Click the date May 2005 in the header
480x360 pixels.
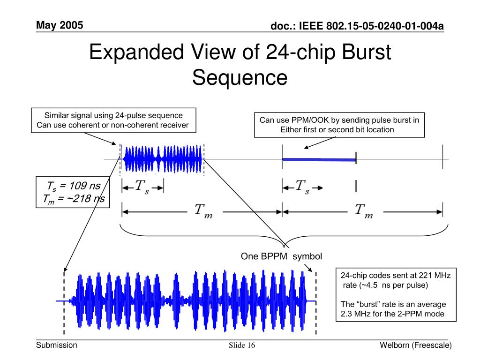pyautogui.click(x=60, y=25)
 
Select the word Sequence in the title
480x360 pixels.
pyautogui.click(x=240, y=77)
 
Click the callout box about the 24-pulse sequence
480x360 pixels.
pyautogui.click(x=113, y=120)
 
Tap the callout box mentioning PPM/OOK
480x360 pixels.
pyautogui.click(x=339, y=125)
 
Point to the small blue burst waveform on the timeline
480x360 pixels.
pyautogui.click(x=162, y=159)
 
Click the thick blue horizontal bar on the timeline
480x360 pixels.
pyautogui.click(x=319, y=160)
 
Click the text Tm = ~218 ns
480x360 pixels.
pyautogui.click(x=71, y=200)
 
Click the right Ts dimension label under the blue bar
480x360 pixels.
pyautogui.click(x=302, y=187)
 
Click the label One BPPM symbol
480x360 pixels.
pyautogui.click(x=281, y=256)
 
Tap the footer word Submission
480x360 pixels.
pyautogui.click(x=57, y=345)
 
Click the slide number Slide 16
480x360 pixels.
pyautogui.click(x=242, y=346)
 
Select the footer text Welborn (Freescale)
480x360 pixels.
pyautogui.click(x=416, y=345)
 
